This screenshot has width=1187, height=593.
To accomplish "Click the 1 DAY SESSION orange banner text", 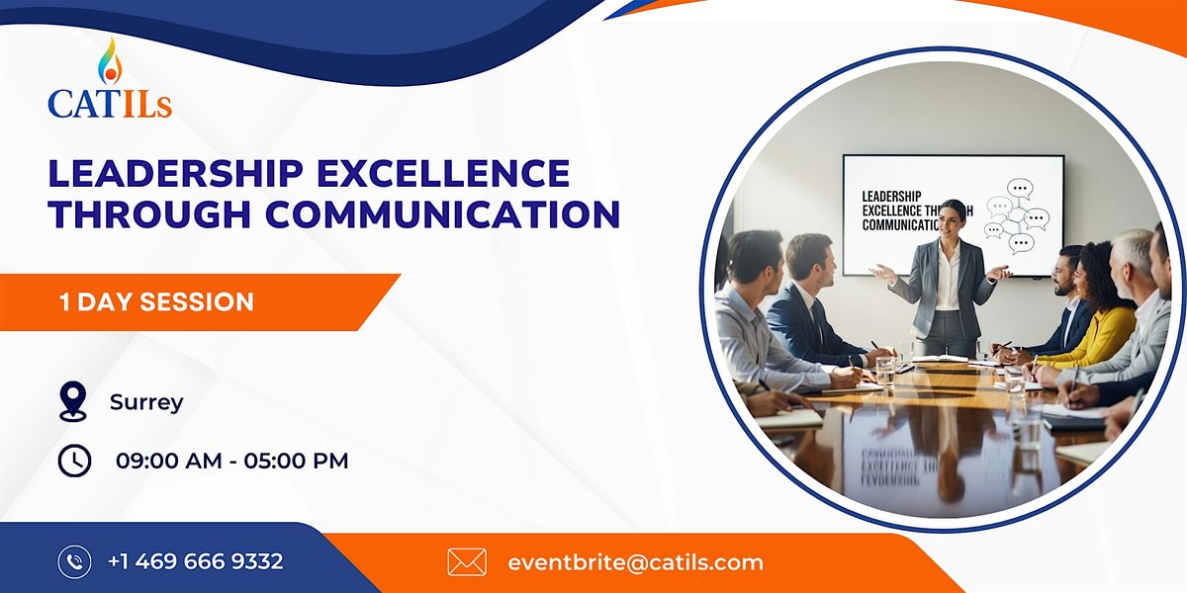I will (x=156, y=301).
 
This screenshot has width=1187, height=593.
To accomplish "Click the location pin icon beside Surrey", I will (x=73, y=401).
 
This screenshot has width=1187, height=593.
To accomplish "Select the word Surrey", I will (x=146, y=402).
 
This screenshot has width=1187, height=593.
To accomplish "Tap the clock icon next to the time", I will (x=74, y=460).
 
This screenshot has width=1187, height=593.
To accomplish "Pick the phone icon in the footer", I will (x=74, y=562).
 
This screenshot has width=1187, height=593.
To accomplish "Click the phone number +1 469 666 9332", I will (x=196, y=561).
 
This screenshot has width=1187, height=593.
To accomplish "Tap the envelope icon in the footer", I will (x=467, y=562).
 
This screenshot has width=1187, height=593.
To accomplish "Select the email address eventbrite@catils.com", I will (x=635, y=562).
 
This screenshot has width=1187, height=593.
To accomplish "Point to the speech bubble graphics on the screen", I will (x=1017, y=215).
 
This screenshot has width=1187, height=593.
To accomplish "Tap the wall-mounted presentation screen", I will (x=952, y=213).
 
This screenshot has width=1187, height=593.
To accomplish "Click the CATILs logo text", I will (x=110, y=102).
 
